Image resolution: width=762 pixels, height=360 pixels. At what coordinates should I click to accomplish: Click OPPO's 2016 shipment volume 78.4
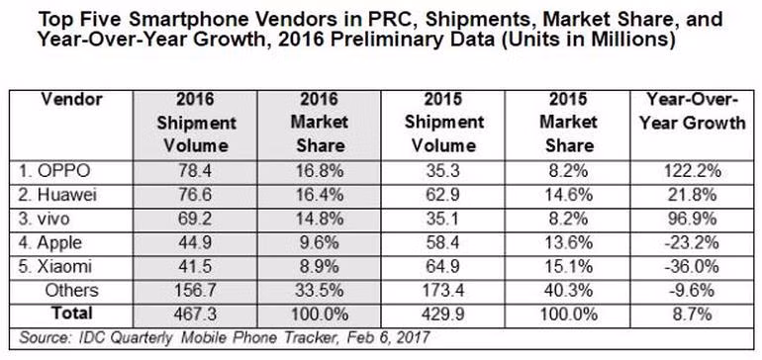[195, 172]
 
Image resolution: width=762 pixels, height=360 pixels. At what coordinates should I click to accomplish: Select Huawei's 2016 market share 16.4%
[320, 196]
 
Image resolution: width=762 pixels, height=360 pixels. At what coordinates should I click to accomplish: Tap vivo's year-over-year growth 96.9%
[692, 220]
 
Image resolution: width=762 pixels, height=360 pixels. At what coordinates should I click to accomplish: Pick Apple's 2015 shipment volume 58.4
[442, 243]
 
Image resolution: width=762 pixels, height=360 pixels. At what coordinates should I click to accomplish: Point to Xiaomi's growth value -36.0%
[692, 267]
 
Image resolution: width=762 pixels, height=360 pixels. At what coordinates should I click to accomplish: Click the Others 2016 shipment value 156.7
[195, 291]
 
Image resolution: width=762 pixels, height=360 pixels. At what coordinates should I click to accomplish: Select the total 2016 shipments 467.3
[195, 315]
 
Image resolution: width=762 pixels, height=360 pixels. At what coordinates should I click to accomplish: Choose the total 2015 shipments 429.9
[442, 315]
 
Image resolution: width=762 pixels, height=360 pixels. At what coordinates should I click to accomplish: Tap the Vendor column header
[71, 100]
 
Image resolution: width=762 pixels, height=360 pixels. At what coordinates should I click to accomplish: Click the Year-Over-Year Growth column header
[692, 111]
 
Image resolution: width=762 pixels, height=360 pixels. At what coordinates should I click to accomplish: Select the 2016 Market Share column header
[320, 123]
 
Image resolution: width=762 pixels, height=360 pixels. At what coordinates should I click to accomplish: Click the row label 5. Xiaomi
[53, 267]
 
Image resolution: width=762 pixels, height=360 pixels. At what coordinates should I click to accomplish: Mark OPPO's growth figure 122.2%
[692, 172]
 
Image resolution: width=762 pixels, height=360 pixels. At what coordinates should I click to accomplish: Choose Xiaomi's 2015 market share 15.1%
[568, 267]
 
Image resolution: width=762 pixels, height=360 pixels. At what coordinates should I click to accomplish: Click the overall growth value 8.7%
[692, 315]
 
